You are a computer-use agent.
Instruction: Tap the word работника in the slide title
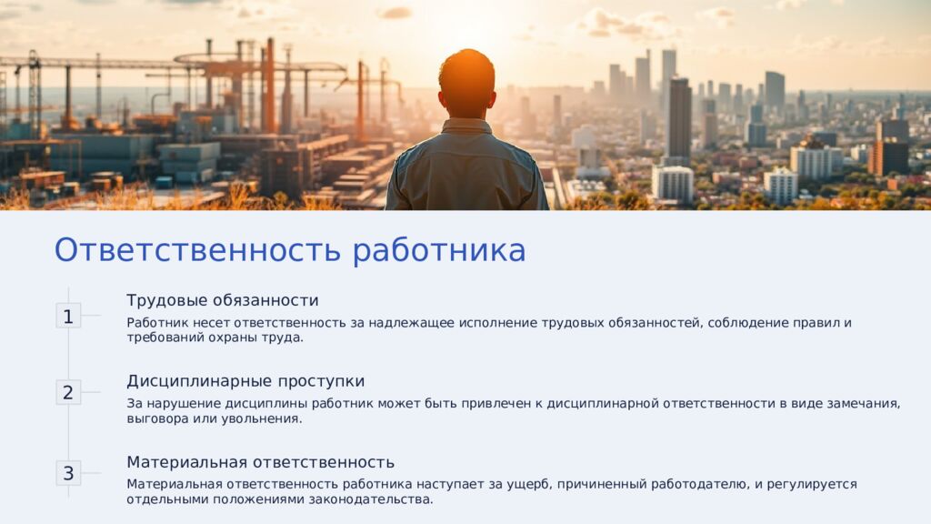tap(439, 249)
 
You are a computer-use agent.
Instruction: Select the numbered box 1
tap(68, 317)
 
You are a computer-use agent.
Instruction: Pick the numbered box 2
tap(68, 393)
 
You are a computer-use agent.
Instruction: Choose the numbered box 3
tap(68, 473)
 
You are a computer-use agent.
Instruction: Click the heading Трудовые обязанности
tap(223, 300)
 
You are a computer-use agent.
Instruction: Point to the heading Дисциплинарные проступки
tap(245, 381)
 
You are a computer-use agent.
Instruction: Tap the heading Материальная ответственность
tap(260, 462)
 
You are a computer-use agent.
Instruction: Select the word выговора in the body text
tap(158, 419)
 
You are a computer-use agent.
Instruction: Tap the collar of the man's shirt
tap(467, 126)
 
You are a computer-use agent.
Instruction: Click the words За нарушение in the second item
tap(169, 403)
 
